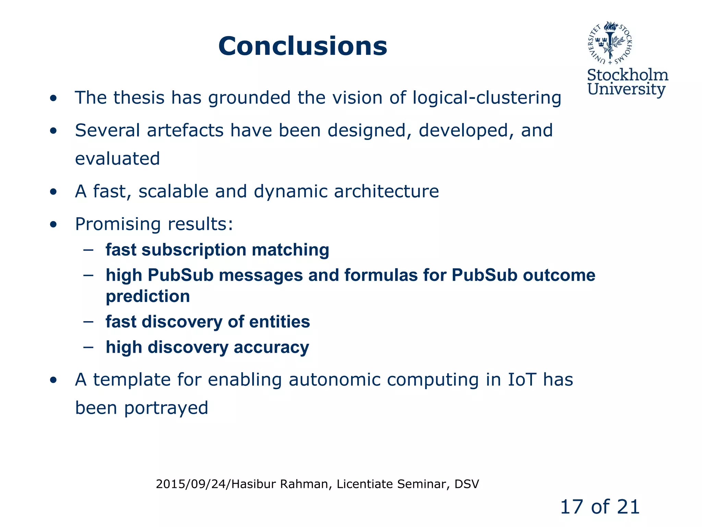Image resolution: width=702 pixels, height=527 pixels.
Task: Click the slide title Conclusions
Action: click(303, 46)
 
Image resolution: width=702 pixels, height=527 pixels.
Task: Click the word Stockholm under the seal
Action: click(627, 75)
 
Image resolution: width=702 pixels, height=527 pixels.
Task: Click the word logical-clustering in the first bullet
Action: click(487, 98)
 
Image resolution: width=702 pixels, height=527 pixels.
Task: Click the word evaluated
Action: click(117, 159)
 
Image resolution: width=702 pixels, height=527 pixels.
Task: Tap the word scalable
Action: click(173, 191)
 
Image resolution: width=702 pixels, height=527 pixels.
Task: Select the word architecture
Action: click(386, 191)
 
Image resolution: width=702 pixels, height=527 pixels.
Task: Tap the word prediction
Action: click(148, 296)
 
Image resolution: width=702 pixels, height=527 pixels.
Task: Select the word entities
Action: click(279, 322)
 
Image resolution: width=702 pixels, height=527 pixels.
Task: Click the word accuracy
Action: click(271, 347)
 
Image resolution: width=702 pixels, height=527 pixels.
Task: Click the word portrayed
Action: click(166, 408)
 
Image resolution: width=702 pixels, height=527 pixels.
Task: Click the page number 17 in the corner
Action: click(572, 507)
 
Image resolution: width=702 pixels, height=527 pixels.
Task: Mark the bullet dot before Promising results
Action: click(53, 224)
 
